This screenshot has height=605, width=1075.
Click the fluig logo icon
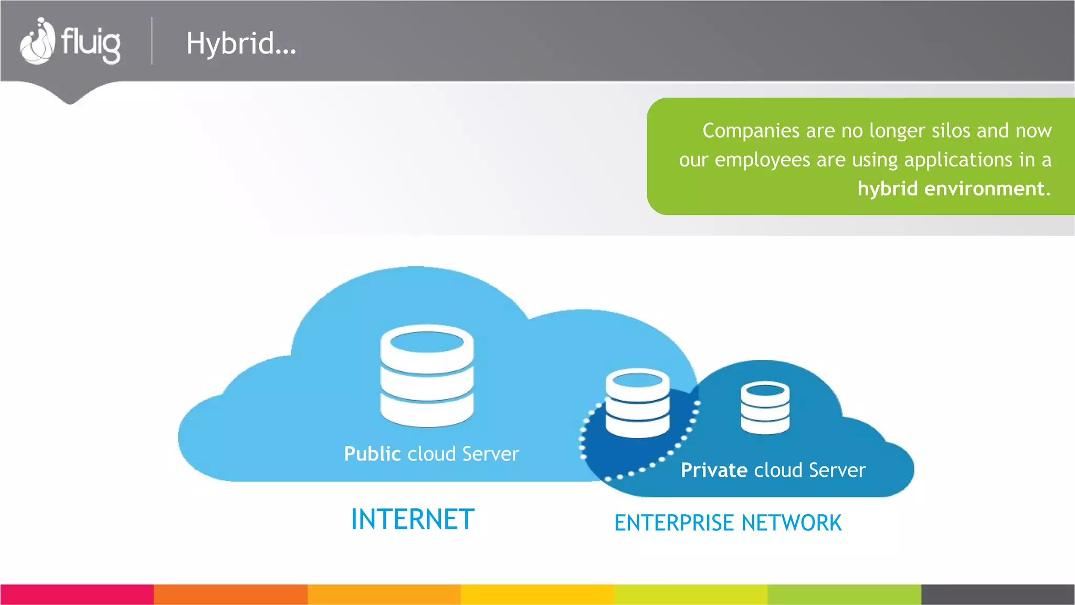(x=37, y=41)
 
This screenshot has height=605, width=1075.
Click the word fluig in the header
(x=91, y=43)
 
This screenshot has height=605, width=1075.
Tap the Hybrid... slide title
(x=241, y=44)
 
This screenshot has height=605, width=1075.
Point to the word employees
(x=762, y=160)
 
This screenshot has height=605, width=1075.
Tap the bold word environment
(x=984, y=189)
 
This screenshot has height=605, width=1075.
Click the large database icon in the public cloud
(x=427, y=375)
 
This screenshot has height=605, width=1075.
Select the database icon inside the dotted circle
(x=637, y=403)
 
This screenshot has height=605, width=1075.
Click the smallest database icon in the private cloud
(x=765, y=408)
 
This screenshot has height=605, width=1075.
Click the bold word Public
(x=372, y=454)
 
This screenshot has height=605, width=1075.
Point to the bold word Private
(x=714, y=470)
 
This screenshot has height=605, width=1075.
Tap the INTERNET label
(x=413, y=519)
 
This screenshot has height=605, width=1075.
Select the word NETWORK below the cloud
(x=792, y=523)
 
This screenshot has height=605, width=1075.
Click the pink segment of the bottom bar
(x=77, y=594)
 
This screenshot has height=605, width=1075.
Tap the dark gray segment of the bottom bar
(x=998, y=594)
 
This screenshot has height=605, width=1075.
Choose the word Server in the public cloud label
(x=490, y=454)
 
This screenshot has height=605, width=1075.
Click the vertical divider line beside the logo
(x=152, y=41)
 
